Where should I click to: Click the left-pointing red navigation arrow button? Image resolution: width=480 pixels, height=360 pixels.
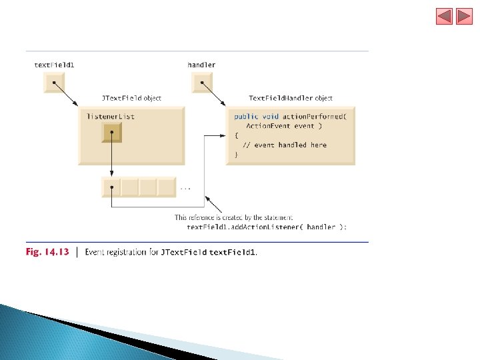[445, 16]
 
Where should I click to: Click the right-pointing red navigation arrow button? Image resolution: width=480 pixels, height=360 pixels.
[464, 16]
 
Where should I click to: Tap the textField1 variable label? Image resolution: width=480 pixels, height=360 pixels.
[54, 65]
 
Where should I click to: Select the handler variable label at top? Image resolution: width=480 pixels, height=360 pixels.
[201, 65]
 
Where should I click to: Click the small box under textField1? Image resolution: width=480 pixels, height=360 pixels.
[53, 83]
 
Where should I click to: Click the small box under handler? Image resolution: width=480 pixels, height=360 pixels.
[201, 83]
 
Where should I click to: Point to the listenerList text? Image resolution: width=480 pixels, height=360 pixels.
[111, 117]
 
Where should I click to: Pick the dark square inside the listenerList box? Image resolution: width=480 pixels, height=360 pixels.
[112, 133]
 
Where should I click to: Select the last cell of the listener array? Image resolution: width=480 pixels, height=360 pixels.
[166, 187]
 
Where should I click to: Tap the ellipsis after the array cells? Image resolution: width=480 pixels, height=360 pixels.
[185, 189]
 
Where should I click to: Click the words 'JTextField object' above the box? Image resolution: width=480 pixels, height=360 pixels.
[131, 99]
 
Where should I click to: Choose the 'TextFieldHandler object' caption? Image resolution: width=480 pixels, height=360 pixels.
[291, 99]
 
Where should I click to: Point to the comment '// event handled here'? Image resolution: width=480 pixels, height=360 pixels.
[285, 145]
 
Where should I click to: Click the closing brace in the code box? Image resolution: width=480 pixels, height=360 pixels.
[236, 155]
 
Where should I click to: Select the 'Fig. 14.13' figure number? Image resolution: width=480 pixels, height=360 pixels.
[47, 252]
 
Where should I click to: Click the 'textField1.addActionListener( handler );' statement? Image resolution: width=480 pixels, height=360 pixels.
[267, 227]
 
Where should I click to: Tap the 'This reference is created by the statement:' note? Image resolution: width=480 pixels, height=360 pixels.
[233, 217]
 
